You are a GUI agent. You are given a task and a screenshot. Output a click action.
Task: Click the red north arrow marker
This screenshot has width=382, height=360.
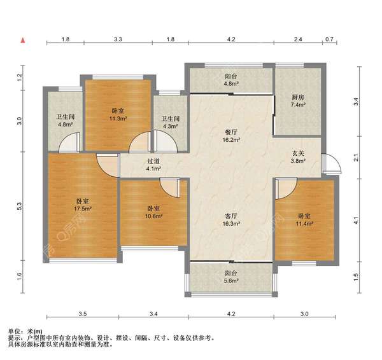tap(23, 41)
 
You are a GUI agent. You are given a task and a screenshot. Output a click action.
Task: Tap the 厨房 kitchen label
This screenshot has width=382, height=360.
tap(298, 97)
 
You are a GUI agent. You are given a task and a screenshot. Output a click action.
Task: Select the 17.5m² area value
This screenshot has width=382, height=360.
tap(83, 209)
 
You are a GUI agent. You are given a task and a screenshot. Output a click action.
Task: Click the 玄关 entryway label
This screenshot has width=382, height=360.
tap(298, 153)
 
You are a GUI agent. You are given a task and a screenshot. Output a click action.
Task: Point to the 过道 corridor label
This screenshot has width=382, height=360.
tap(153, 161)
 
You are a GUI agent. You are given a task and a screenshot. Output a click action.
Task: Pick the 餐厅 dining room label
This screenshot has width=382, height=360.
tap(230, 133)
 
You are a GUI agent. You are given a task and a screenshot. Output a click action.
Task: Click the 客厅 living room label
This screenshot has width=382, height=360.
tap(231, 216)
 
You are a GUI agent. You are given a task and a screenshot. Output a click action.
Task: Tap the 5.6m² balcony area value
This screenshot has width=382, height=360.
tap(231, 280)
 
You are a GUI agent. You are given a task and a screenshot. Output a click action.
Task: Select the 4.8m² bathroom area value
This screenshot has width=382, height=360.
tap(66, 125)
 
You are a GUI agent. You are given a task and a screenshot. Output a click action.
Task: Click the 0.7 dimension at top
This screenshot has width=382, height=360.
tap(329, 39)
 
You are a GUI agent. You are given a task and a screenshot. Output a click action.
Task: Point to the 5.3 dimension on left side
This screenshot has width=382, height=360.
tap(20, 206)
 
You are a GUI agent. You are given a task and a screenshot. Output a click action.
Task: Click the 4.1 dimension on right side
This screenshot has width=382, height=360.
tap(356, 220)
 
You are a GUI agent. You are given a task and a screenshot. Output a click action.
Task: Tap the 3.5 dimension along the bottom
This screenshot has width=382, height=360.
tap(83, 314)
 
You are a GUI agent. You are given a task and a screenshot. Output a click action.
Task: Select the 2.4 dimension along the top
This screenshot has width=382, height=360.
tap(298, 39)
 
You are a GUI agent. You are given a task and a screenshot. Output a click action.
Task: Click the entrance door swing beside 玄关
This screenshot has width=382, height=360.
tap(331, 163)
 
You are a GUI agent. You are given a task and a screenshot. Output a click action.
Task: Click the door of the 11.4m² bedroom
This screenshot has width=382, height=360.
tap(286, 188)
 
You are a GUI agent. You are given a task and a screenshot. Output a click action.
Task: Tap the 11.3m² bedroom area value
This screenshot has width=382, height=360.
tap(118, 119)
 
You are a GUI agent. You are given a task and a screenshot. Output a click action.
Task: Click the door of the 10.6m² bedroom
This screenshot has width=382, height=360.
tap(170, 188)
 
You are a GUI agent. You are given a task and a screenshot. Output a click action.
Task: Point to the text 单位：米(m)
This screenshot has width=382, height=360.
tap(25, 331)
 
